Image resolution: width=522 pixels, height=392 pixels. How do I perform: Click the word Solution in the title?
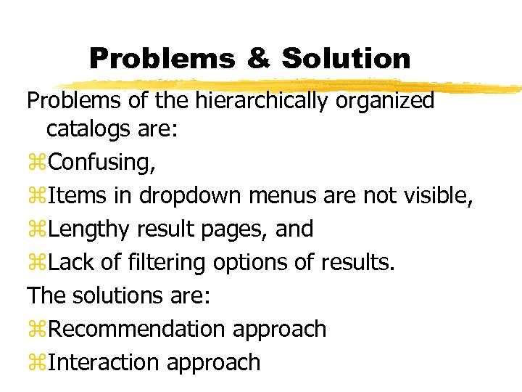tap(346, 58)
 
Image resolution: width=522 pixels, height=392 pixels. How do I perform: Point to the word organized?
tap(384, 102)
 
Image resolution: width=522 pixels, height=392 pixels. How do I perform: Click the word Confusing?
tap(101, 163)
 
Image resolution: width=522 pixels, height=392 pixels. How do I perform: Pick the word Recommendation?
tap(137, 329)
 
